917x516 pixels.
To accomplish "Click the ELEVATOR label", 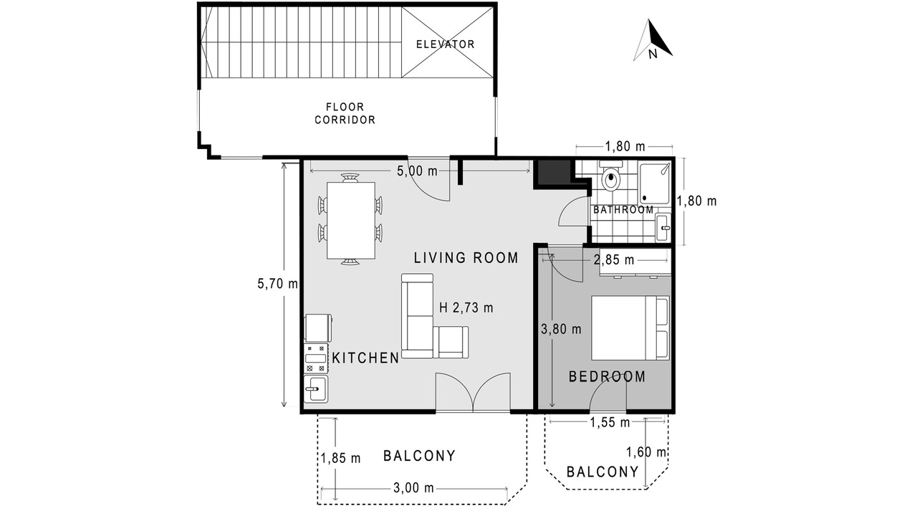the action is click(x=446, y=44).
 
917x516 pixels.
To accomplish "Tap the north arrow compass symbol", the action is click(x=652, y=40).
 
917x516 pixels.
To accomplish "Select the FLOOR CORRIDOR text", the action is click(x=345, y=113).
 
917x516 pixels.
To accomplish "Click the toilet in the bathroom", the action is click(x=611, y=176).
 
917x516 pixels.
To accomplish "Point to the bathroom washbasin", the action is click(x=663, y=227).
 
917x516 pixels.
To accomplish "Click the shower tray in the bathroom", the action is click(x=655, y=183).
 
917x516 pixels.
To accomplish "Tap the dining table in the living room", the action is click(x=351, y=220).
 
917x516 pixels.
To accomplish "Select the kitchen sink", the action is click(x=316, y=389).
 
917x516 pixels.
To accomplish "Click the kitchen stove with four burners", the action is click(x=316, y=359).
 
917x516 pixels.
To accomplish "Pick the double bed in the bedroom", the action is click(x=630, y=328).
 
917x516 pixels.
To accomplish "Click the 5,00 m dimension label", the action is click(x=417, y=171).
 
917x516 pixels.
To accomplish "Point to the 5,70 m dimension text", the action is click(x=277, y=283).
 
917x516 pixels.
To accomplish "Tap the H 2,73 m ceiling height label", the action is click(x=466, y=307).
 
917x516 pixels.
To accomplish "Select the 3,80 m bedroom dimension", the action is click(x=561, y=329).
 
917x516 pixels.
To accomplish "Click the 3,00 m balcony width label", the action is click(x=413, y=488).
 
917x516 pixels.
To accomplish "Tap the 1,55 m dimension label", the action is click(x=610, y=422).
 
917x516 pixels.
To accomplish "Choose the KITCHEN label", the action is click(x=365, y=358).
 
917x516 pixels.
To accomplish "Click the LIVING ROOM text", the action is click(x=466, y=257).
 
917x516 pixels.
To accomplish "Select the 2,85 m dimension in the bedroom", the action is click(x=614, y=259).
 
